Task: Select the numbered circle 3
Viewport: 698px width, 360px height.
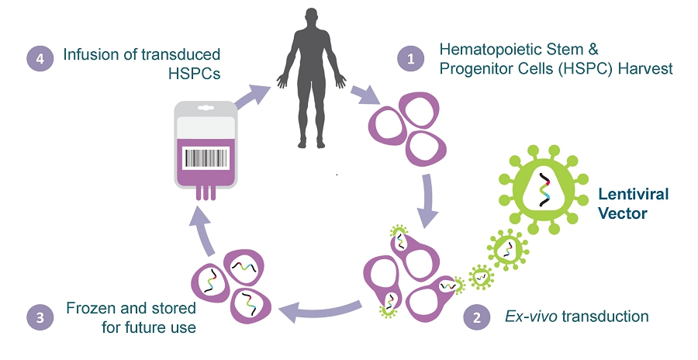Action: tap(41, 317)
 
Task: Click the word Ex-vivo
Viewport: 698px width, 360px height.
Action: tap(522, 317)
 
